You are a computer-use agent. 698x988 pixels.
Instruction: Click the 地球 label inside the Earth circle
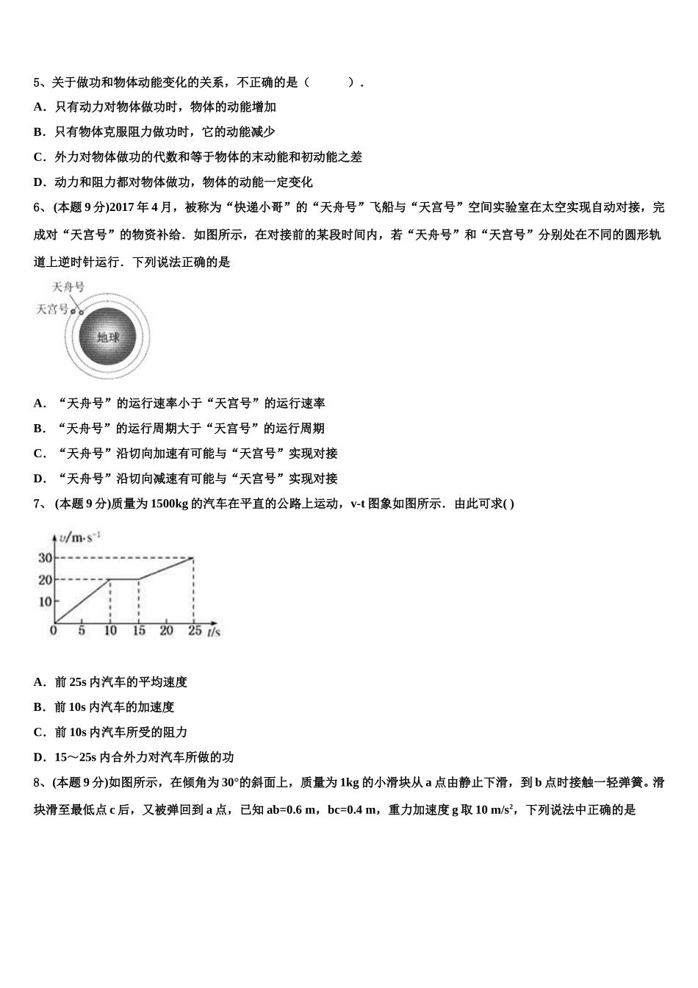pos(108,337)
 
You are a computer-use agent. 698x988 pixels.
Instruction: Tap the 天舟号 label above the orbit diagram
pos(68,287)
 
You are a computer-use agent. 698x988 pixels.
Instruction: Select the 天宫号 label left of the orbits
pos(51,309)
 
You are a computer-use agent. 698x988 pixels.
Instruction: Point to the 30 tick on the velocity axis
pos(45,558)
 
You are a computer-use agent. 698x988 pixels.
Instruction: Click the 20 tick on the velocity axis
pos(45,580)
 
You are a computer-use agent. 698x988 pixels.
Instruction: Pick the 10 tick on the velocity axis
pos(45,601)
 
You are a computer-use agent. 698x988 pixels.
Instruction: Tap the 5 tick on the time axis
pos(82,631)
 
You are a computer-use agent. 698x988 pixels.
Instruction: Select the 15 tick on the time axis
pos(139,631)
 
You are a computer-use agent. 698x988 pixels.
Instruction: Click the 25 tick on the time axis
pos(194,631)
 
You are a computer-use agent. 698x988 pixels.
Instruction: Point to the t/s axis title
pos(214,631)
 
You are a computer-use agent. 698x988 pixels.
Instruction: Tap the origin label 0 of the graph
pos(53,630)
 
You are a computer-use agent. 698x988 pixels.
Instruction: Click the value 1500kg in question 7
pos(169,504)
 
